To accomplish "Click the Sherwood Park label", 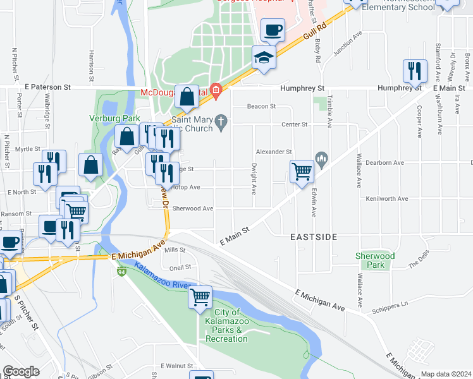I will pos(375,260).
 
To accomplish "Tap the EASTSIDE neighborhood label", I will pos(314,238).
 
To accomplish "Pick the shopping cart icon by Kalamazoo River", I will pos(200,296).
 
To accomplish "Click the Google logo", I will pos(21,371).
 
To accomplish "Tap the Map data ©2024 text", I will pos(446,374).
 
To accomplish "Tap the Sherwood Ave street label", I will pos(192,208).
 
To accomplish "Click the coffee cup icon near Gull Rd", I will pos(273,30).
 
